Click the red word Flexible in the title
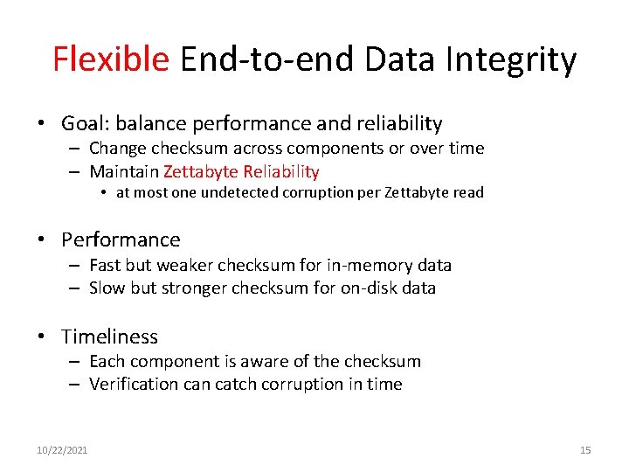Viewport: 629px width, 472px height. point(111,59)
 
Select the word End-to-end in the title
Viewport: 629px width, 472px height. point(266,59)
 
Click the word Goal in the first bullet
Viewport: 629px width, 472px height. point(84,124)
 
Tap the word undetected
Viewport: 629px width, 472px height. point(239,193)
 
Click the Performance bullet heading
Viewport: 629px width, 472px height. point(121,239)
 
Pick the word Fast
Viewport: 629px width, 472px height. point(105,265)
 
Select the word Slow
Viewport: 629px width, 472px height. point(107,288)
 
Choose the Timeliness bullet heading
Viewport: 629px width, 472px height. point(109,337)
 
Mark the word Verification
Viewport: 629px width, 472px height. point(135,384)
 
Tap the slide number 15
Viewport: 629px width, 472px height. point(585,450)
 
